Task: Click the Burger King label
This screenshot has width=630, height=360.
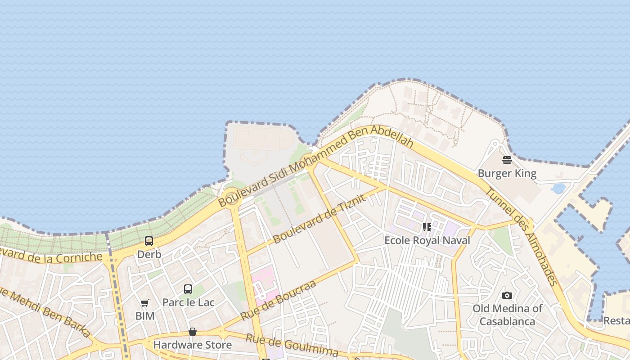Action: coord(507,173)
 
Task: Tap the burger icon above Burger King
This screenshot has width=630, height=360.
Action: coord(507,160)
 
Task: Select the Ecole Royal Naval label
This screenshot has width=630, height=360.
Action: coord(427,240)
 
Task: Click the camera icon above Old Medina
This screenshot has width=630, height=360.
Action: coord(507,295)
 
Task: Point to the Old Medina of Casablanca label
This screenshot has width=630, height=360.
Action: coord(507,315)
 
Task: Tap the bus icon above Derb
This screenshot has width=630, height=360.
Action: coord(149,241)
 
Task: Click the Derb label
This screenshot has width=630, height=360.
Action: coord(149,254)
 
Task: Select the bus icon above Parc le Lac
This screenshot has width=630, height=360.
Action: coord(188,289)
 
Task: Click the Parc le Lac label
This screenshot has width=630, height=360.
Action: coord(188,302)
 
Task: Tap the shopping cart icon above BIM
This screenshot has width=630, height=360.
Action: coord(144,303)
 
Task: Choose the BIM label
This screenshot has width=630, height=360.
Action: coord(144,316)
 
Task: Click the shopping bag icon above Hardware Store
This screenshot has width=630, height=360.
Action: coord(193,332)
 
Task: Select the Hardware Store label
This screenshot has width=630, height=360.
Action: coord(193,345)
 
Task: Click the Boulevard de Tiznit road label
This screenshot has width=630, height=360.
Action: coord(318,219)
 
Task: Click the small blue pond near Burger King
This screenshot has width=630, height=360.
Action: coord(558,188)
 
